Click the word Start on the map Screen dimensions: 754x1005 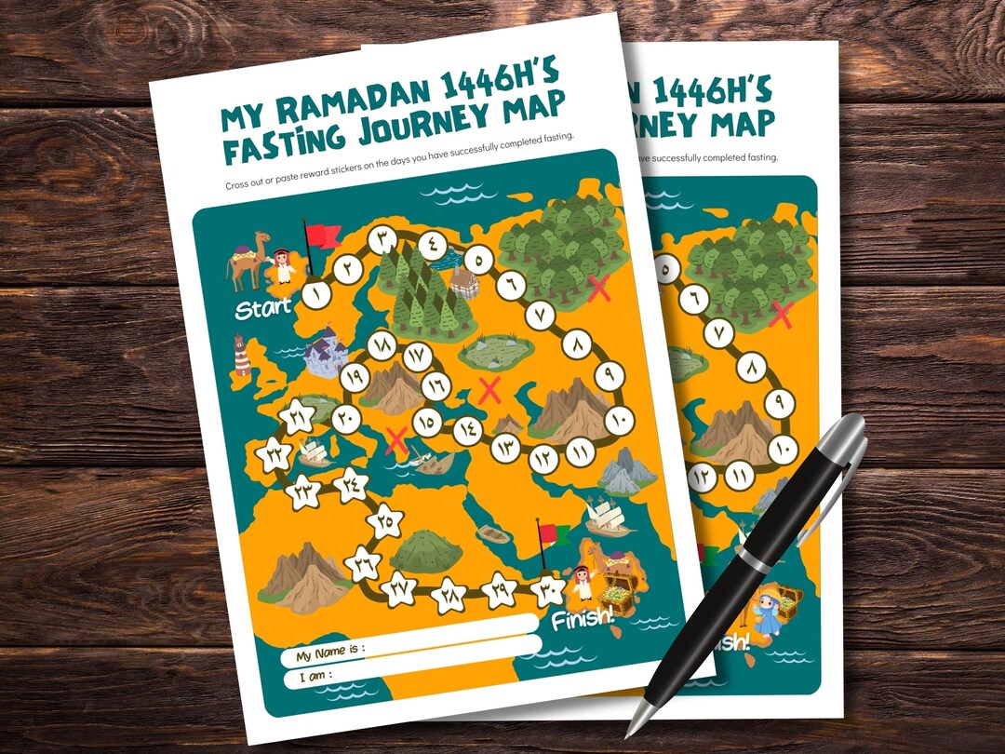click(262, 307)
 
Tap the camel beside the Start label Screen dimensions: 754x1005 click(246, 263)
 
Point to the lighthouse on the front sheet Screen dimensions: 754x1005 click(242, 356)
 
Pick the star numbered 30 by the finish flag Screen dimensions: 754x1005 click(547, 589)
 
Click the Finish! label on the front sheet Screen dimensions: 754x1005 click(583, 618)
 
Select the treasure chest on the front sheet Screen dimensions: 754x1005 click(616, 590)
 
